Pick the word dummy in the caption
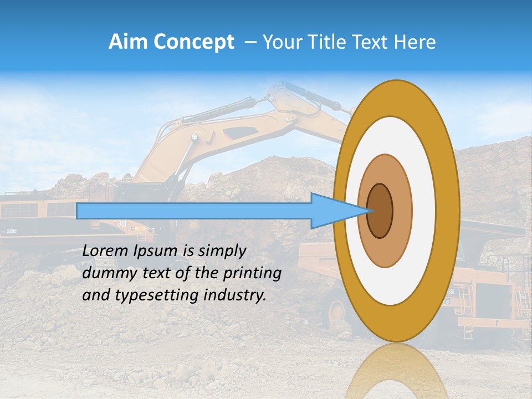pyautogui.click(x=106, y=273)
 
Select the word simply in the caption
pyautogui.click(x=222, y=251)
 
